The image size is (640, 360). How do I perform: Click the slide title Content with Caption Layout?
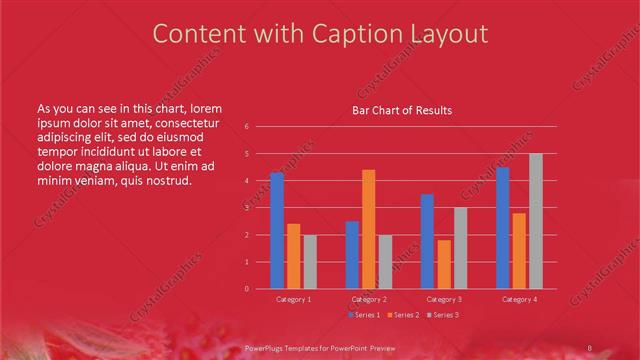click(320, 34)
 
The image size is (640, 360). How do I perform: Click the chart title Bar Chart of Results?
click(402, 110)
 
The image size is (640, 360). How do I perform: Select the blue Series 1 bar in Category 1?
click(277, 230)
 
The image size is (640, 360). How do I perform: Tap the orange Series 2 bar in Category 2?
click(369, 229)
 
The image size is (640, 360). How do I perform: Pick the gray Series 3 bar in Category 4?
click(536, 221)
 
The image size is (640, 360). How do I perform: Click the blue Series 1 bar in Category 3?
click(427, 241)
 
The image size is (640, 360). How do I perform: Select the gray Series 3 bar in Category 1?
click(310, 261)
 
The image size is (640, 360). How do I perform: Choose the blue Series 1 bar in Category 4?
click(503, 228)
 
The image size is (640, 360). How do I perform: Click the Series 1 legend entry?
click(364, 315)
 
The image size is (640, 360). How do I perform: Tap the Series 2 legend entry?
click(402, 315)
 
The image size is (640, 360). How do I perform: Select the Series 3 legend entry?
click(441, 315)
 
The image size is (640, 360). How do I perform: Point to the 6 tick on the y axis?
click(247, 127)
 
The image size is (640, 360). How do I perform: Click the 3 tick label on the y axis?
click(247, 208)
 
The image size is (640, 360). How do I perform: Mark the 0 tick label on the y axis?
click(247, 289)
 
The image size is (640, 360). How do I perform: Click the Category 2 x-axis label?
click(369, 299)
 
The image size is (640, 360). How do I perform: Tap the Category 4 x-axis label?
click(519, 299)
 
